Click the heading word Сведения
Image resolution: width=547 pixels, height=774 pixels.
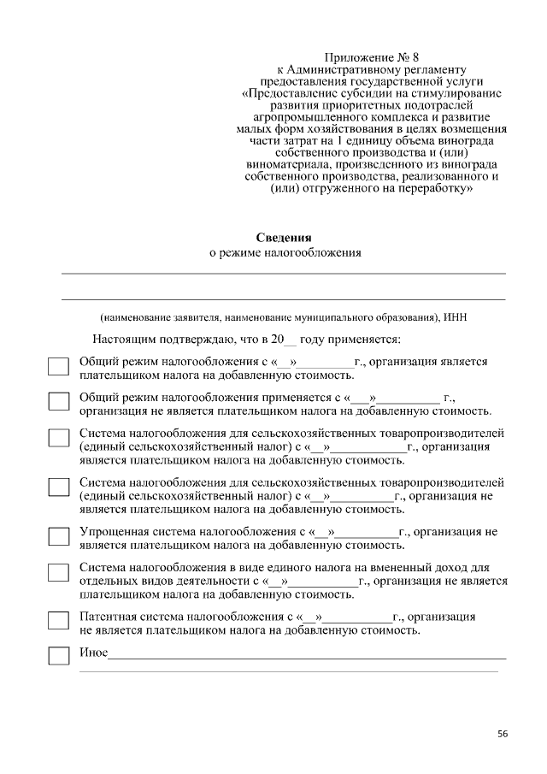click(285, 237)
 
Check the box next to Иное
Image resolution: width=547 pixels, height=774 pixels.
click(58, 657)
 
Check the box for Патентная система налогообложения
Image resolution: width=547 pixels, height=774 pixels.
click(58, 620)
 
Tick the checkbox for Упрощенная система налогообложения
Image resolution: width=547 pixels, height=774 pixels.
click(58, 537)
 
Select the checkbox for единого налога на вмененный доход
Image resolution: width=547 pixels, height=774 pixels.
click(58, 572)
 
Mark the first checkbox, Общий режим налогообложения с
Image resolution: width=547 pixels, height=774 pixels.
click(58, 367)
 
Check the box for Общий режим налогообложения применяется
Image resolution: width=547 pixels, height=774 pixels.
click(58, 402)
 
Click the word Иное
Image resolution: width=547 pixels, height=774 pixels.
click(93, 653)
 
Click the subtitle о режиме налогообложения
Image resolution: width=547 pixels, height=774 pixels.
click(285, 252)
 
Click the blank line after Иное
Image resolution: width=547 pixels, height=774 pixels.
click(308, 656)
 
